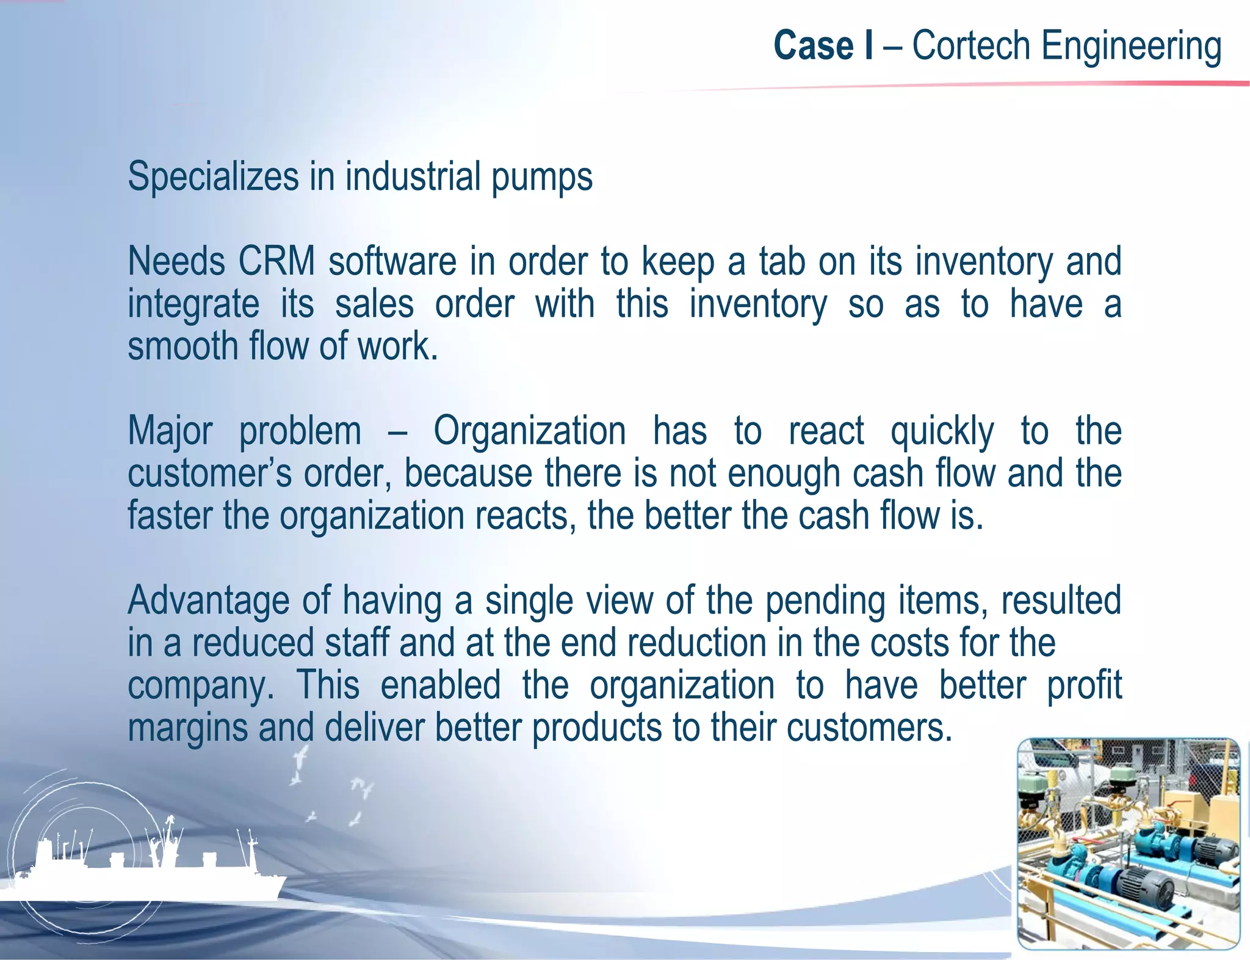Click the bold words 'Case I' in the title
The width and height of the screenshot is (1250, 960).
[x=823, y=46]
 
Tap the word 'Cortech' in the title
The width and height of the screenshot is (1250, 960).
[x=971, y=46]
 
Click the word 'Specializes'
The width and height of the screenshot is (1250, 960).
[x=213, y=178]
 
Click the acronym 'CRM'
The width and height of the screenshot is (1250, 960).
[x=276, y=261]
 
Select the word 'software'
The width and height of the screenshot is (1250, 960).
[x=392, y=261]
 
